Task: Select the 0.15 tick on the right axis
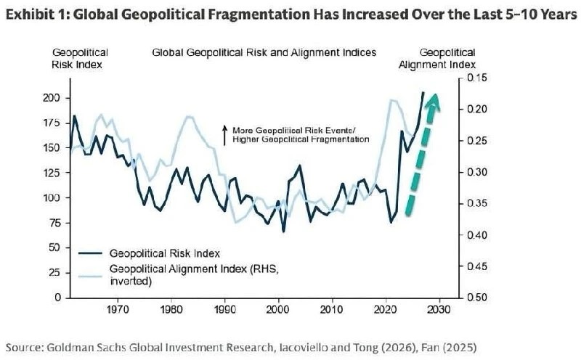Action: [x=476, y=78]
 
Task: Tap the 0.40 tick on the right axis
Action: [x=476, y=235]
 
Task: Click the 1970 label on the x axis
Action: [x=118, y=309]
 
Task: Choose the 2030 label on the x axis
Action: [x=439, y=309]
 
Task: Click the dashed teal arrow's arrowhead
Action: [x=433, y=102]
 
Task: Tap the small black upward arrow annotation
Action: [x=224, y=135]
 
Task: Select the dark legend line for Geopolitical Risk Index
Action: [x=90, y=253]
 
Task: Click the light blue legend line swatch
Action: [x=90, y=275]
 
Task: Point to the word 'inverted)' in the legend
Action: [x=131, y=281]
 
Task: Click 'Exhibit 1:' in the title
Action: [x=37, y=15]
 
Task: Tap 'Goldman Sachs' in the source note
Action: [x=87, y=348]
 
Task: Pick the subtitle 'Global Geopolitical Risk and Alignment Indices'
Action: [x=264, y=52]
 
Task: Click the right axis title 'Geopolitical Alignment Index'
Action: [x=437, y=59]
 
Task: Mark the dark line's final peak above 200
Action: [x=423, y=93]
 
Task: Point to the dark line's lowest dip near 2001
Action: [x=284, y=232]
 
